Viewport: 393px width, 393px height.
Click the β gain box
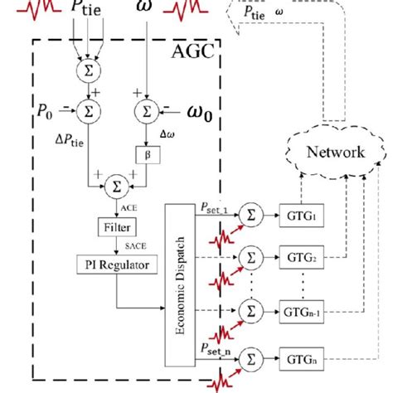point(142,153)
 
